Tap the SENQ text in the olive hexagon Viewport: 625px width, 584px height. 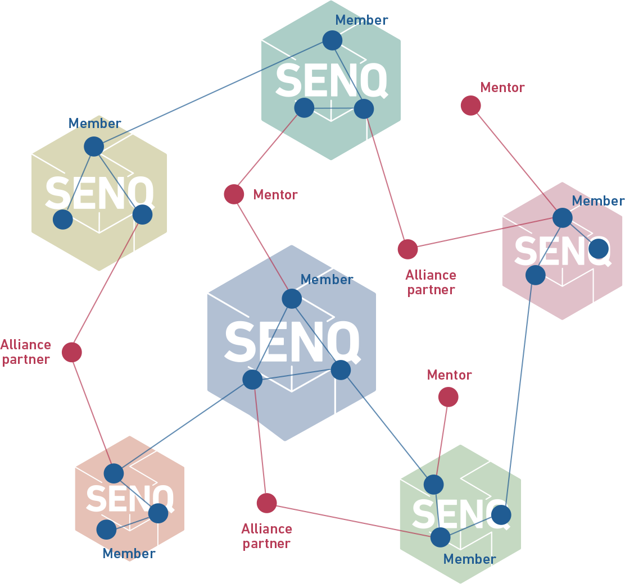99,193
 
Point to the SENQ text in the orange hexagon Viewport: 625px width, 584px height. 130,498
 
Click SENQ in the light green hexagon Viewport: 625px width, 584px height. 460,513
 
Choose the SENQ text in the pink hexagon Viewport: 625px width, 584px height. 562,251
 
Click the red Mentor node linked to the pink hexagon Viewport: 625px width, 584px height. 470,106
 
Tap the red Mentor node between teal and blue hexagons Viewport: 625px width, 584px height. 234,194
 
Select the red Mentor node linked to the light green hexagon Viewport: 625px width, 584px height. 448,397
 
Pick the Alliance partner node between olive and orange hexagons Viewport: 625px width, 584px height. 71,352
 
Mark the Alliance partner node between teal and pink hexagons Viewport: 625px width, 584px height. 407,249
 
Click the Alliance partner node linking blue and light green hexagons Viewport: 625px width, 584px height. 266,503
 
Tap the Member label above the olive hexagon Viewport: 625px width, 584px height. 94,124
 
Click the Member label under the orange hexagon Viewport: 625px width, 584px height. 129,554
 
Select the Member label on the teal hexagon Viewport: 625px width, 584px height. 361,20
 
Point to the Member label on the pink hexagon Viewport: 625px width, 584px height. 598,201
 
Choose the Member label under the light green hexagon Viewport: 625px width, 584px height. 469,559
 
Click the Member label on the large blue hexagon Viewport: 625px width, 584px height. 327,280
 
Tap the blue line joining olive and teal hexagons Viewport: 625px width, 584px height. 212,93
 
